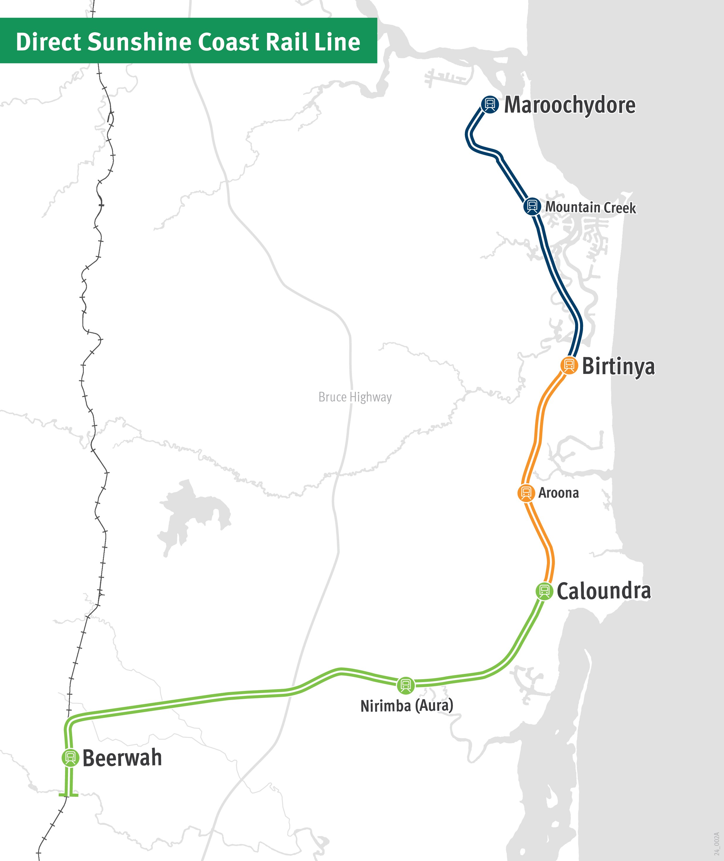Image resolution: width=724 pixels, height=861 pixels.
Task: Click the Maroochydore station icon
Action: (489, 104)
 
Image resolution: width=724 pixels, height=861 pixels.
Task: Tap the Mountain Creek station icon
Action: (532, 206)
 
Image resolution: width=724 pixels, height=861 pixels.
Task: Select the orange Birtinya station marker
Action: (569, 365)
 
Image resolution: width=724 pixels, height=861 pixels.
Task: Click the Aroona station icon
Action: (526, 493)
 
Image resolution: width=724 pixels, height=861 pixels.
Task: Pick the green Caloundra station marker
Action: (544, 591)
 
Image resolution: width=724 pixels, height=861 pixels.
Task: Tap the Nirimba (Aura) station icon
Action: (405, 685)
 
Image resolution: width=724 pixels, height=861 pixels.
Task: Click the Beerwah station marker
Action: (70, 757)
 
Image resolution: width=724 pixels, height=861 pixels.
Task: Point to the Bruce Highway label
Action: (355, 397)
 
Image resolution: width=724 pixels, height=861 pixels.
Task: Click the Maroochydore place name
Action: (570, 105)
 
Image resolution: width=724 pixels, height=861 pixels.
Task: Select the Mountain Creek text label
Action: (590, 207)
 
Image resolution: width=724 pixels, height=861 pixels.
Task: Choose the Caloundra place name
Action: (603, 591)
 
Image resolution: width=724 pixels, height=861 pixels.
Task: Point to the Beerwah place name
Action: (122, 758)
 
